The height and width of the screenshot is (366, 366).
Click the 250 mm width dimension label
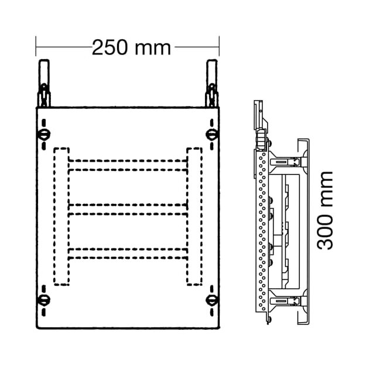[131, 47]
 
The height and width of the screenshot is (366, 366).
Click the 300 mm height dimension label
[324, 211]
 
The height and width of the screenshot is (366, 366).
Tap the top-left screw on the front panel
[44, 135]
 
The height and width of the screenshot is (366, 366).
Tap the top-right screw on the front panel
[212, 135]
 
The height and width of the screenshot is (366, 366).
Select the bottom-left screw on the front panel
[44, 300]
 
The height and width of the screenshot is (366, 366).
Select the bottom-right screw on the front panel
[212, 300]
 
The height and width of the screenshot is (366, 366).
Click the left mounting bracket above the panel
[44, 83]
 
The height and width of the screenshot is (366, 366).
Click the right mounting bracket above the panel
[212, 83]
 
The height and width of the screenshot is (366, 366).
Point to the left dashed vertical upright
[61, 216]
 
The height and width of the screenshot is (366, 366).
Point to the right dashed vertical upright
[194, 216]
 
